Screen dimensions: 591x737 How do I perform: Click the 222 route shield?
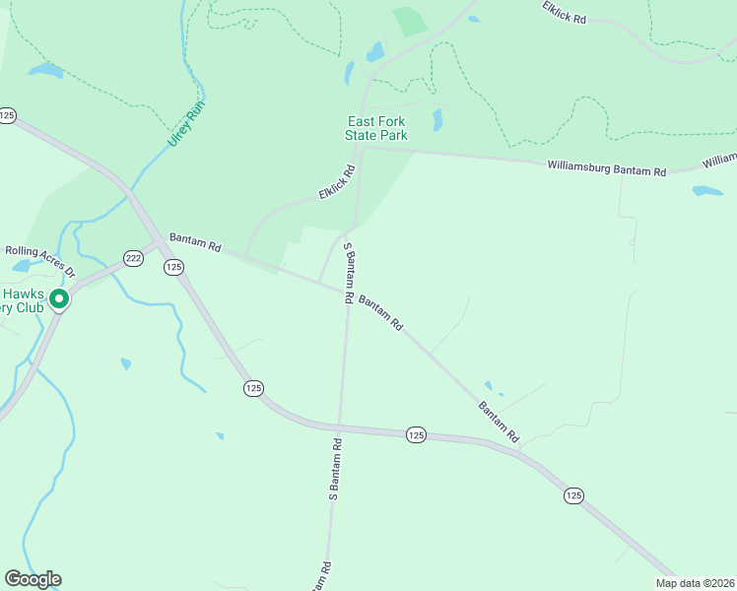tap(133, 258)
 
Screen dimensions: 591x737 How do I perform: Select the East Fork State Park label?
tap(376, 128)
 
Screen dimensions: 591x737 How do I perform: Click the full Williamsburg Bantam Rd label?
tap(606, 168)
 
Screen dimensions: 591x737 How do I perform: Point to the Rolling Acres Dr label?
tap(38, 255)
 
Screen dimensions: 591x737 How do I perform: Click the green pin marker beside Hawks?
tap(58, 298)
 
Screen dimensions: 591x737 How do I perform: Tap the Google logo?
tap(33, 579)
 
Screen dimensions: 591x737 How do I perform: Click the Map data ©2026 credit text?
tap(695, 583)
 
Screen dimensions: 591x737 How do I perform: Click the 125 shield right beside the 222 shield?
tap(174, 267)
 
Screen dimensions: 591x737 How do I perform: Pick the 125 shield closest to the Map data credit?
tap(573, 495)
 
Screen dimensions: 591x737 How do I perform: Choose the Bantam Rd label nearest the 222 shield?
tap(195, 242)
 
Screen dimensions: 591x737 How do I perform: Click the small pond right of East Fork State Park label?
tap(437, 120)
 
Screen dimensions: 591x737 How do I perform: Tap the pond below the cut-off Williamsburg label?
tap(706, 191)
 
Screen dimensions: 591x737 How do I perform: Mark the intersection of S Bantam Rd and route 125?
tap(338, 427)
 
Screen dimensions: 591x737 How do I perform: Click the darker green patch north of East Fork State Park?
tap(410, 21)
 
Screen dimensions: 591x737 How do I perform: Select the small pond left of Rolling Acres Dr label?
tap(20, 266)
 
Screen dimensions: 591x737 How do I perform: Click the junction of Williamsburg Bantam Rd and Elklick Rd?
tap(362, 150)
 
